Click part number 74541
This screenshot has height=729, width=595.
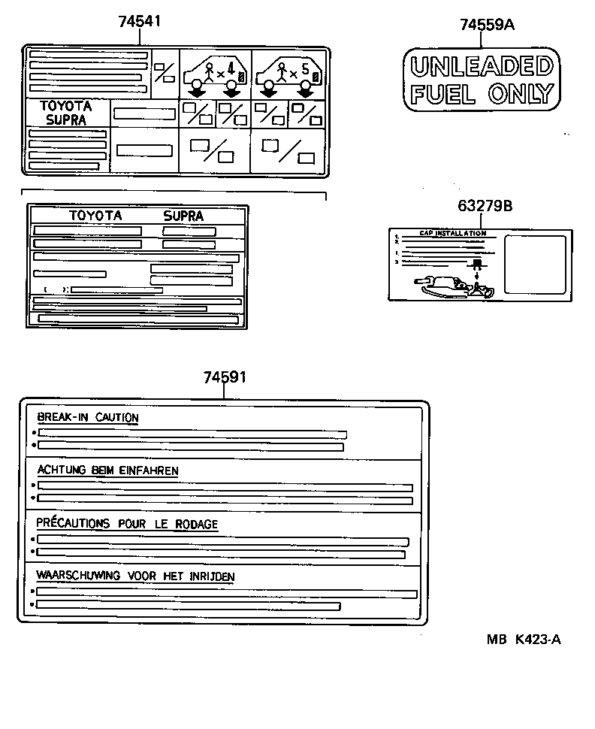[140, 22]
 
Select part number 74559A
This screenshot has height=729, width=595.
[487, 25]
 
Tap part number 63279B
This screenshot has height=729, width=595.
[485, 206]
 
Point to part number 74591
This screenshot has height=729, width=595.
[225, 377]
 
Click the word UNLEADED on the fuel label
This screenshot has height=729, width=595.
[481, 67]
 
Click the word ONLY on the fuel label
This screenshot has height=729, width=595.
[520, 94]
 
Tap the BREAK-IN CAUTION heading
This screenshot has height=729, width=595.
[88, 418]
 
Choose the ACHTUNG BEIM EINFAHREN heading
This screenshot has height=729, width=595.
[107, 470]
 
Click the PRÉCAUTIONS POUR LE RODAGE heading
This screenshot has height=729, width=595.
[127, 524]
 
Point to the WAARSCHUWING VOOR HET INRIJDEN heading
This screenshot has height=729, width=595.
[135, 576]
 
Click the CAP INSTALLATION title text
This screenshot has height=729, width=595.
[452, 234]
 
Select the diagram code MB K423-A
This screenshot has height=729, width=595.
[524, 640]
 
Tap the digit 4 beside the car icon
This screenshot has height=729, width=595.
[231, 73]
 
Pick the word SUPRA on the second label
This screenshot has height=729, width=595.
[183, 216]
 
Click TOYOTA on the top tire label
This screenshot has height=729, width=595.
[66, 107]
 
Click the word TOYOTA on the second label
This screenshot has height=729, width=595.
[95, 216]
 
